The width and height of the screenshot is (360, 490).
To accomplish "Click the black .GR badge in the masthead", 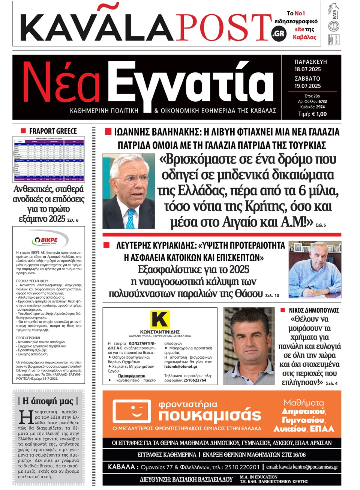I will [278, 34].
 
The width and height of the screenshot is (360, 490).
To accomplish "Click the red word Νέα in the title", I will [62, 83].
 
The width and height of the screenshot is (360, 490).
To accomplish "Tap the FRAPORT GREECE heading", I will [53, 131].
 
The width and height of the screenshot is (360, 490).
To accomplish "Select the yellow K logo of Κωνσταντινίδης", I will [160, 320].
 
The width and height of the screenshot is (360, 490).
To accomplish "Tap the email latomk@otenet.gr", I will [181, 367].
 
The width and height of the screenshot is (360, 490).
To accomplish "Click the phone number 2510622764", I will [195, 380].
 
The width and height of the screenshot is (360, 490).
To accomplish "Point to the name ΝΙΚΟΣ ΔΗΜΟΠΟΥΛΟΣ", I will [314, 310].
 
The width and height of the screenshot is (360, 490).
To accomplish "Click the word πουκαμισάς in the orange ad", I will [210, 415].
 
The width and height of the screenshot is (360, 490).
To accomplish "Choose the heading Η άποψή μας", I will [48, 401].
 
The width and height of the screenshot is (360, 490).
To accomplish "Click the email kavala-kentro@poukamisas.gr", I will [302, 467].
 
